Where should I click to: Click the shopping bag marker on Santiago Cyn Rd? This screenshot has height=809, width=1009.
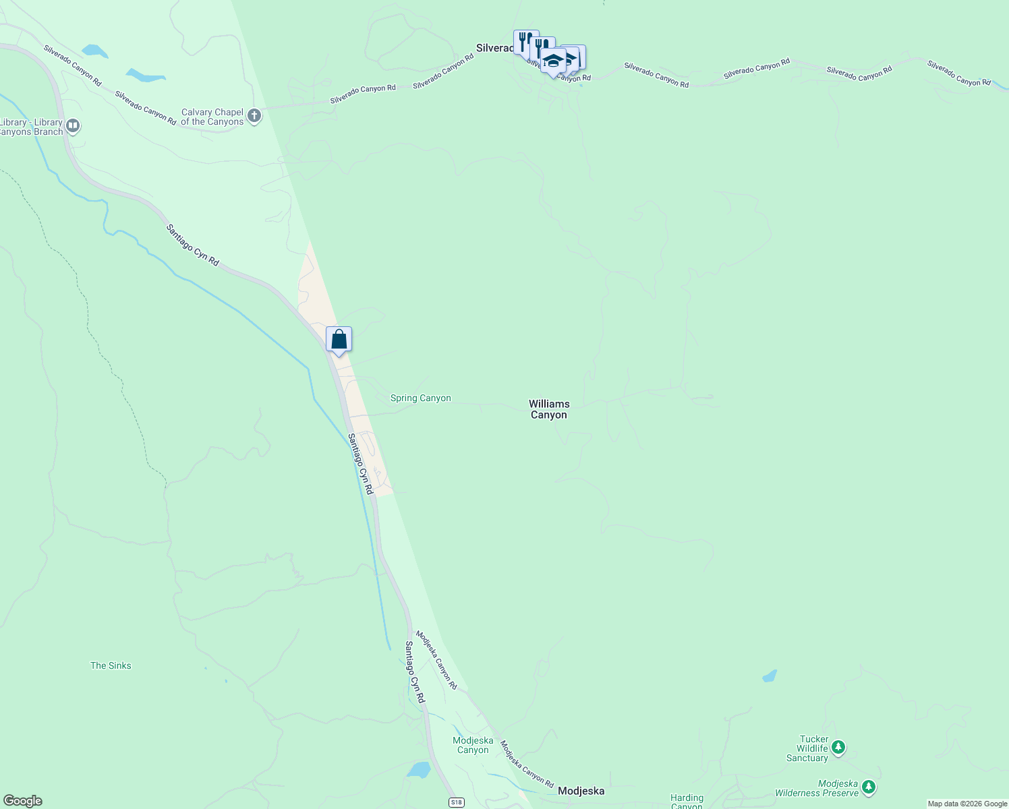pyautogui.click(x=339, y=340)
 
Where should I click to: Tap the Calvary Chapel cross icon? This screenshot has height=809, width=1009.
pyautogui.click(x=254, y=117)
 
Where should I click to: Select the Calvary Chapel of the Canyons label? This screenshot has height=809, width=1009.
pyautogui.click(x=212, y=117)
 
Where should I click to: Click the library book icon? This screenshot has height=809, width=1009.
pyautogui.click(x=74, y=126)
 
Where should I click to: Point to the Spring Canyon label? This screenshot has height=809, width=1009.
pyautogui.click(x=420, y=398)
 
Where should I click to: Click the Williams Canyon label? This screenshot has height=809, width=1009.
pyautogui.click(x=549, y=409)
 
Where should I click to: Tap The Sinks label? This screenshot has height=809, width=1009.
pyautogui.click(x=111, y=666)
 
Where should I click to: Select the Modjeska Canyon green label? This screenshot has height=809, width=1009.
pyautogui.click(x=473, y=745)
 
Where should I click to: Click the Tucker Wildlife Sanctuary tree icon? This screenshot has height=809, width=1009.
pyautogui.click(x=838, y=747)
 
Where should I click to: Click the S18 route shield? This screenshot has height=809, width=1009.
pyautogui.click(x=457, y=802)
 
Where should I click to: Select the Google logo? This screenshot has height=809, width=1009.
pyautogui.click(x=22, y=801)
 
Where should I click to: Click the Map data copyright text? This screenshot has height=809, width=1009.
pyautogui.click(x=967, y=804)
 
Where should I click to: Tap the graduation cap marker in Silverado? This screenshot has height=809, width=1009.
pyautogui.click(x=553, y=61)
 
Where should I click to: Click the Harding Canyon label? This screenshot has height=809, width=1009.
pyautogui.click(x=687, y=802)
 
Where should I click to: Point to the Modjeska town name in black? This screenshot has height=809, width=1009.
pyautogui.click(x=581, y=791)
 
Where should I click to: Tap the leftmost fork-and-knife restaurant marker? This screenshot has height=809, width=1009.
pyautogui.click(x=524, y=42)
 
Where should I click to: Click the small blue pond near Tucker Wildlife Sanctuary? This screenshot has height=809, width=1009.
pyautogui.click(x=769, y=676)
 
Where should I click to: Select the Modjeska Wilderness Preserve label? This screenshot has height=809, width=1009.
pyautogui.click(x=817, y=789)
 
